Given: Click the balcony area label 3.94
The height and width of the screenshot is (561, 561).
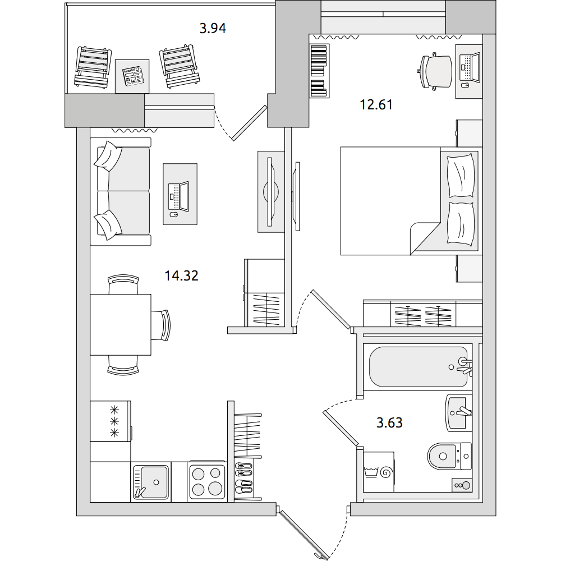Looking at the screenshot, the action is [x=213, y=28].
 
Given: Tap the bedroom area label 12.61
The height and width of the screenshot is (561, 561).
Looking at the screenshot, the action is [x=376, y=105].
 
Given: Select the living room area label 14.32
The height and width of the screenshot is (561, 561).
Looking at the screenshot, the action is [x=181, y=276].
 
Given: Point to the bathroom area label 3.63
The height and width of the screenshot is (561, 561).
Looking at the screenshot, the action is [x=389, y=422].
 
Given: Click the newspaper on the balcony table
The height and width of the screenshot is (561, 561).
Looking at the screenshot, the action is [x=132, y=76].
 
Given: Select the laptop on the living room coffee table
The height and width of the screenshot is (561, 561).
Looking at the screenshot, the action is [x=178, y=196].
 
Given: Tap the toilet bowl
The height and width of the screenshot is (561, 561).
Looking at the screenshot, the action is [x=449, y=456].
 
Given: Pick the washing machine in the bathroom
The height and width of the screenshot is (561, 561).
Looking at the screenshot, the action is [x=379, y=472].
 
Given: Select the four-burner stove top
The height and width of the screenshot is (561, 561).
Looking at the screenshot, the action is [x=207, y=481].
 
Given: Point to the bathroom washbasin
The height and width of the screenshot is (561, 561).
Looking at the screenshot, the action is [x=458, y=413].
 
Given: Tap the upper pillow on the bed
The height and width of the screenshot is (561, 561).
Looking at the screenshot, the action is [x=461, y=175].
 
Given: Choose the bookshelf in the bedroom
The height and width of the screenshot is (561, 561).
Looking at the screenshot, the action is [x=319, y=71].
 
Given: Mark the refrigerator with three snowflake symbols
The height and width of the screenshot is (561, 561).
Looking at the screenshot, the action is [x=110, y=421].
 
